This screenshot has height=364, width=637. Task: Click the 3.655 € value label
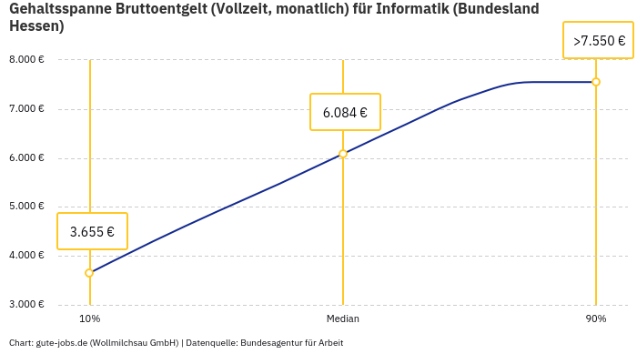92,231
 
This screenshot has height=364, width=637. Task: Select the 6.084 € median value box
345,113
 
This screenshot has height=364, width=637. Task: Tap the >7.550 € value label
599,41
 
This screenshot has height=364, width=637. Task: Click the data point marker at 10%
89,273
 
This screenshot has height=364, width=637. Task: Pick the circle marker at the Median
343,154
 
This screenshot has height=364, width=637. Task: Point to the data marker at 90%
596,82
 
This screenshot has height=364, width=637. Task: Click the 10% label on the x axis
89,318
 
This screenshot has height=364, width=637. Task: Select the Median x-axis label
343,318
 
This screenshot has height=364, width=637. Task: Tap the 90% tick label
596,318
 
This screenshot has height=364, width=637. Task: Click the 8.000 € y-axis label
26,60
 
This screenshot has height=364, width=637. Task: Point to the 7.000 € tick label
26,109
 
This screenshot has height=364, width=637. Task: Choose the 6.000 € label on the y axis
26,157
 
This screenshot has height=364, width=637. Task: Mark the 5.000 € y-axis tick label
26,207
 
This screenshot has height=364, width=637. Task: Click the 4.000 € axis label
26,256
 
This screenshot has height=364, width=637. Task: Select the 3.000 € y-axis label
26,304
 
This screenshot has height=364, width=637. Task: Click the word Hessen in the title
33,25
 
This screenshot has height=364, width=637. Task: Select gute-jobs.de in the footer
61,343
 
